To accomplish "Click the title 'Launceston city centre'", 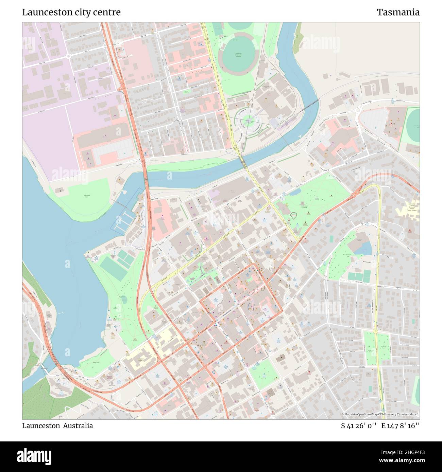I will [71, 12].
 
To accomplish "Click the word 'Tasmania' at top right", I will [398, 12].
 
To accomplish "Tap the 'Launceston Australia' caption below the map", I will [57, 425].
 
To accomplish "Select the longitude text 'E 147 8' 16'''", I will [401, 425].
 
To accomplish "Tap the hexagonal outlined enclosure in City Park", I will [293, 215].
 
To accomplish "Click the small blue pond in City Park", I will [295, 192].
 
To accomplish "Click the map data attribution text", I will [380, 414].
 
